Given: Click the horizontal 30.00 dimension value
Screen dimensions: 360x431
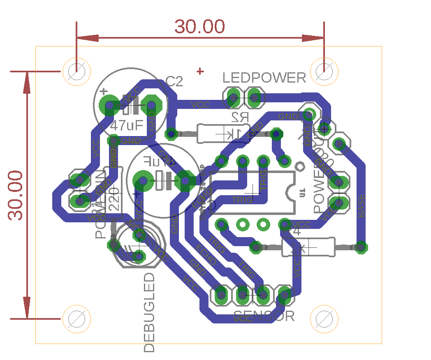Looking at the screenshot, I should click(200, 27).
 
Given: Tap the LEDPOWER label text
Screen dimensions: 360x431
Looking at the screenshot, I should click(264, 78).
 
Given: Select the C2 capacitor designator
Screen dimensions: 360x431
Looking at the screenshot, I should click(174, 82).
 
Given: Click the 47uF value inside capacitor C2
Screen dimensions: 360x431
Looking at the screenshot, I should click(126, 125).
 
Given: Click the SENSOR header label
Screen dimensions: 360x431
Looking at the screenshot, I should click(264, 316).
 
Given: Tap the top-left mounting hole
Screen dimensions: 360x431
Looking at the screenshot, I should click(76, 72).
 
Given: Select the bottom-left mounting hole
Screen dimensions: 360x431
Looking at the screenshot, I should click(76, 319).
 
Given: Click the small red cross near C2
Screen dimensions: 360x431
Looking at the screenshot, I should click(200, 71).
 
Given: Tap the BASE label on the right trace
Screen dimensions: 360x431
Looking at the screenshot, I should click(361, 206).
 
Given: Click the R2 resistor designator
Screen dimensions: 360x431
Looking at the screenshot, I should click(240, 117).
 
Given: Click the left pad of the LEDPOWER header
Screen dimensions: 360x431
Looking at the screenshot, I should click(233, 98).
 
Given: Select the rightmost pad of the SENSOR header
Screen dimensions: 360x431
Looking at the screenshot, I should click(284, 294).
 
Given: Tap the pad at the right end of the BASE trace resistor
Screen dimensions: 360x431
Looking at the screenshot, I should click(361, 247).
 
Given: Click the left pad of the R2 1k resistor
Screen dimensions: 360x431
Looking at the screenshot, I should click(171, 134).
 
